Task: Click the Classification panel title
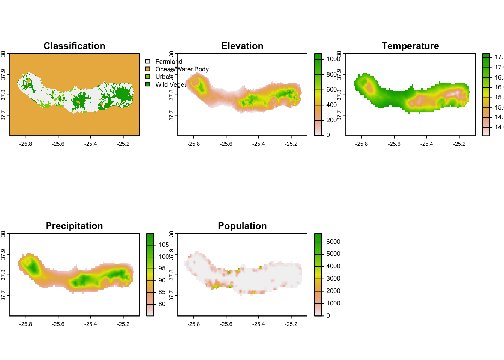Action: click(74, 46)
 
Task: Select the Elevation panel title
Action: click(242, 46)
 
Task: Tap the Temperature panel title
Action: click(410, 46)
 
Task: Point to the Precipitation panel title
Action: click(74, 226)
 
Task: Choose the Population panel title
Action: click(242, 226)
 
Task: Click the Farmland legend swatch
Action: click(147, 61)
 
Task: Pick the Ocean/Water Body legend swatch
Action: click(147, 69)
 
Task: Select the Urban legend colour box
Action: click(147, 76)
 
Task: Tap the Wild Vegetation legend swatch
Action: click(147, 84)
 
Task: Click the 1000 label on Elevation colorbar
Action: click(333, 59)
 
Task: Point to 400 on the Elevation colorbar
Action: click(331, 105)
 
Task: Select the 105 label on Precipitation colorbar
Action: click(163, 244)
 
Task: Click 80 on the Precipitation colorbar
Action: click(162, 304)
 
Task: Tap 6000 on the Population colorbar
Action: click(333, 241)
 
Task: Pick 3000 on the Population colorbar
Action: click(333, 278)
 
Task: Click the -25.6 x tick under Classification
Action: click(58, 144)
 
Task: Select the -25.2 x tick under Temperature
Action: click(459, 144)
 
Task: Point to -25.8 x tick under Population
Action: click(193, 324)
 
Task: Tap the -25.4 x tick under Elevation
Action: click(258, 144)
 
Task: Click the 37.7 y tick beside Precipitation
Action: click(3, 295)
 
